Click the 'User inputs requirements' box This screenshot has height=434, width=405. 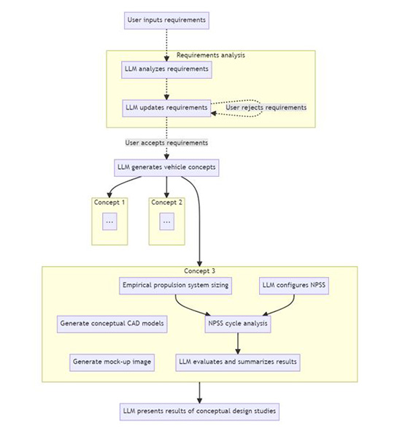pos(166,20)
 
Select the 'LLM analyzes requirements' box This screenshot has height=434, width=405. pos(166,69)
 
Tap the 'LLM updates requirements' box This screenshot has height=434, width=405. pos(166,107)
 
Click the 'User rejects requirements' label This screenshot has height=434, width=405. pos(266,107)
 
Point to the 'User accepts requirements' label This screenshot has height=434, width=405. pos(166,142)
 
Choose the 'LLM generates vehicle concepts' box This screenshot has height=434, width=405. pos(166,167)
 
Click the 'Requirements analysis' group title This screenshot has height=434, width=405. pos(211,56)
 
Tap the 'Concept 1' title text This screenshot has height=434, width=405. pos(109,202)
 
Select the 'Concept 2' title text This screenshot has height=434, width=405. pos(166,202)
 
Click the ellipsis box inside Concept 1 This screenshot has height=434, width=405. pos(109,221)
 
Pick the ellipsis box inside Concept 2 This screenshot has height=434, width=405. pos(166,221)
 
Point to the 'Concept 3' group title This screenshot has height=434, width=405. pos(199,271)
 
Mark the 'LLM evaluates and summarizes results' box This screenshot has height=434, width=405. pos(237,362)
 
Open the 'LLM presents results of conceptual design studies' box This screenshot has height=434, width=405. pos(199,411)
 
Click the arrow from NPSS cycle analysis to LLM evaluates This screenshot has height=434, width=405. pos(237,343)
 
